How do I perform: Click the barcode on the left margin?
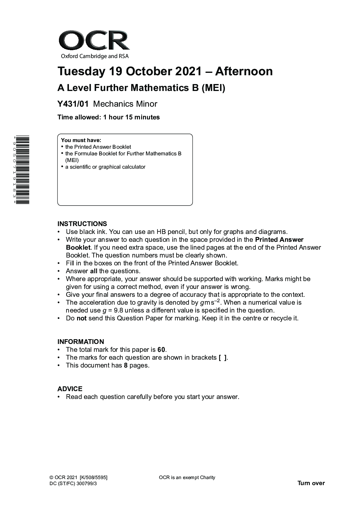tap(23, 170)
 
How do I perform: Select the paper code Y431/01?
tap(73, 104)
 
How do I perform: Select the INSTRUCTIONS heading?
tap(82, 224)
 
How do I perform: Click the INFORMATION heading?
tap(81, 342)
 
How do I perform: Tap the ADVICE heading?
tap(70, 389)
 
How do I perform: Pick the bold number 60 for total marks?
tap(161, 350)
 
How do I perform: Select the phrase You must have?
tap(81, 140)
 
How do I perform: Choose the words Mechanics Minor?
tap(125, 104)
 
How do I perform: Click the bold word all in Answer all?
tap(94, 271)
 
